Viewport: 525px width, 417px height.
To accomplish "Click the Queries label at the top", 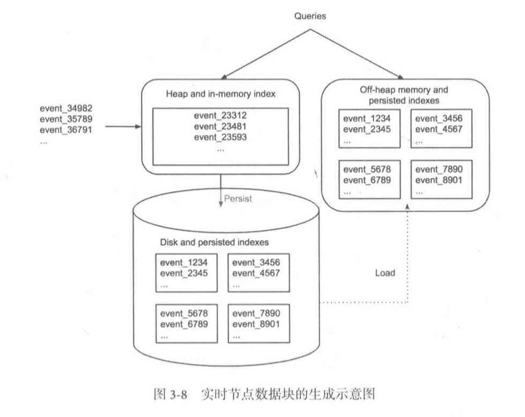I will click(x=310, y=16).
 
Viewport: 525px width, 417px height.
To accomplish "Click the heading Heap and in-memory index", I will click(x=220, y=95).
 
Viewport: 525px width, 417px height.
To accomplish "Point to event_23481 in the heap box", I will click(x=220, y=127).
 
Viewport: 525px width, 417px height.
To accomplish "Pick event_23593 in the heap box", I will click(x=220, y=137).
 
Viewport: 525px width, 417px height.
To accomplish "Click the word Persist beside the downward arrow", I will click(x=238, y=198).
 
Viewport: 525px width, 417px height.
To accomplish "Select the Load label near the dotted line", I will click(x=384, y=273).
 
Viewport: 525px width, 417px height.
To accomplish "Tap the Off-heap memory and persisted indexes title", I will click(x=404, y=95).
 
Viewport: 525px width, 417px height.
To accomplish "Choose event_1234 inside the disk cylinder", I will click(x=184, y=263).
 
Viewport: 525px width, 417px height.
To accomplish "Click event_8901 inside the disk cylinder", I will click(x=256, y=325).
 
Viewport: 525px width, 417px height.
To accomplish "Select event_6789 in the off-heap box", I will click(x=367, y=180).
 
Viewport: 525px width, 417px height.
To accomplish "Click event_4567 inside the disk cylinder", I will click(x=256, y=273).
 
